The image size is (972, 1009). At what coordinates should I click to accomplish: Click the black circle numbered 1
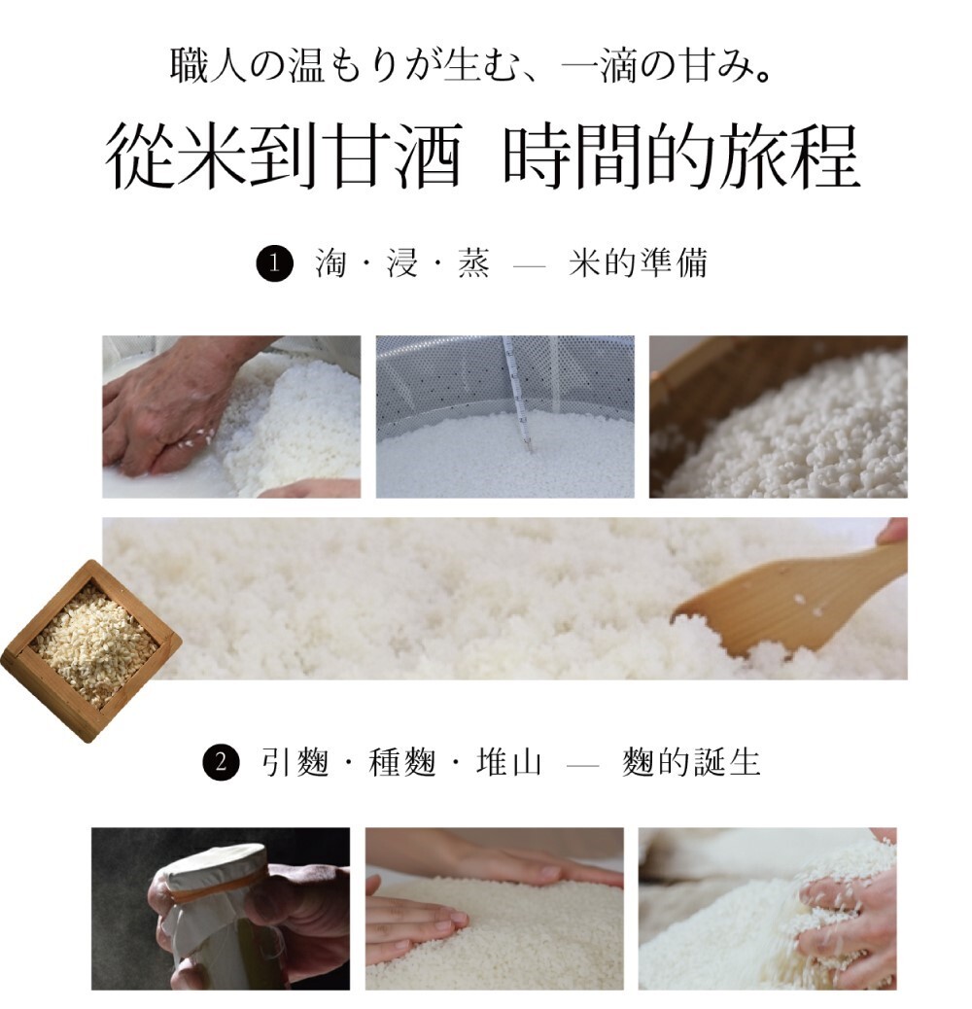(x=275, y=263)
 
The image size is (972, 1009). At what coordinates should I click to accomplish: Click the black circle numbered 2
(x=222, y=762)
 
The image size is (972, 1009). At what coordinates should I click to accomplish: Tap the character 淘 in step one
(x=331, y=263)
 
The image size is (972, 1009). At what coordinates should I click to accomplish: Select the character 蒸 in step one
(x=473, y=263)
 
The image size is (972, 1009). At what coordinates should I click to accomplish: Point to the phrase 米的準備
(x=639, y=263)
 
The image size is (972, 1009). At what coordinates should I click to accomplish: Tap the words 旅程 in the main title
(x=788, y=157)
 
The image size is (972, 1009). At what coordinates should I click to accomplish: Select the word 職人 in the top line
(x=208, y=66)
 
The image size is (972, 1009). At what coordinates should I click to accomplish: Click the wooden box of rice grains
(x=91, y=650)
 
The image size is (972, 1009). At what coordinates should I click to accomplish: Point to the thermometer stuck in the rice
(x=518, y=393)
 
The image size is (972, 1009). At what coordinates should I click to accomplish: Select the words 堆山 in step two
(x=508, y=762)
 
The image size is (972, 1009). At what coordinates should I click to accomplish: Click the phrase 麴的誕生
(x=691, y=762)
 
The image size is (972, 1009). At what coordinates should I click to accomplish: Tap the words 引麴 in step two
(x=295, y=762)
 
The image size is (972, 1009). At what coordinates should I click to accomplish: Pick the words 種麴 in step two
(x=402, y=762)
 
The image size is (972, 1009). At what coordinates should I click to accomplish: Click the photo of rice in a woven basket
(x=779, y=417)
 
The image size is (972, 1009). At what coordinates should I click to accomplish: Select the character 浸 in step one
(x=402, y=263)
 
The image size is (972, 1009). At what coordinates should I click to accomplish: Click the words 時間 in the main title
(x=573, y=157)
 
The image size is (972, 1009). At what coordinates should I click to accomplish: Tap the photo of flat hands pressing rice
(x=495, y=909)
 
